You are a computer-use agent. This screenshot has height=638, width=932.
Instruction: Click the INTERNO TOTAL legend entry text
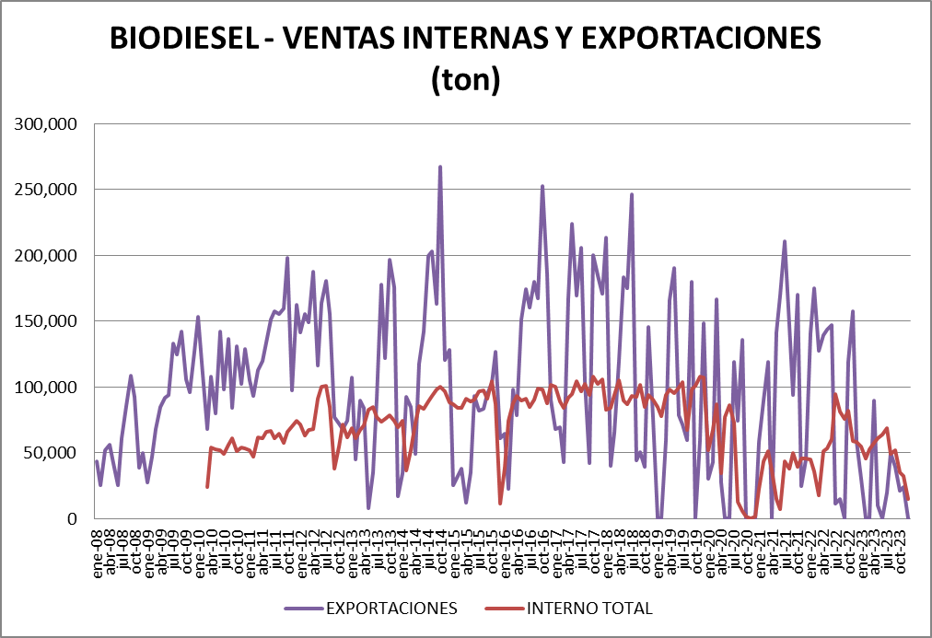(x=589, y=609)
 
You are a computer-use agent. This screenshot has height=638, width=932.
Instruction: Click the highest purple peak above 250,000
(x=440, y=168)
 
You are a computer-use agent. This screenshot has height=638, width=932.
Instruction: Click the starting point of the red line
(x=207, y=487)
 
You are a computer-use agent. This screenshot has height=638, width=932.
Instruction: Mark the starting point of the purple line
(x=97, y=461)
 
